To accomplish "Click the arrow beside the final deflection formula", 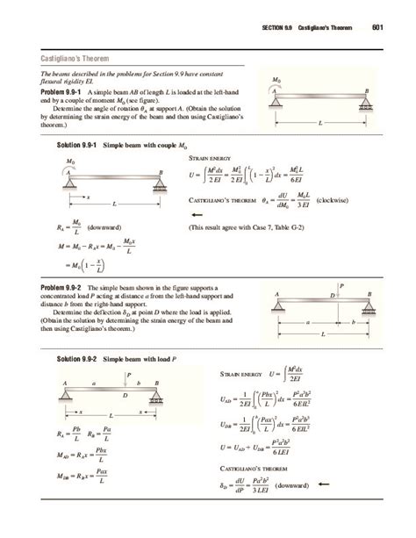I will click(x=325, y=483).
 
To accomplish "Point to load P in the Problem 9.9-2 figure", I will click(x=341, y=285).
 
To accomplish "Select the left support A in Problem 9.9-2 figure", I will click(x=276, y=294).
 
